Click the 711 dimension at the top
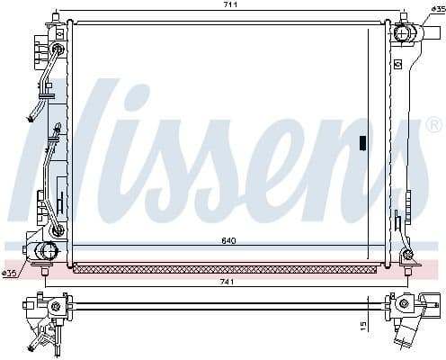click(231, 5)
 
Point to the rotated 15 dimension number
click(363, 325)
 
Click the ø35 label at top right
click(433, 11)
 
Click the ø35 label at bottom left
click(11, 273)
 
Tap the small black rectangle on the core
click(362, 141)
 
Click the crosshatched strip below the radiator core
click(224, 268)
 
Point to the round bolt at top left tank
click(58, 48)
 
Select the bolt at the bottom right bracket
click(407, 256)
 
